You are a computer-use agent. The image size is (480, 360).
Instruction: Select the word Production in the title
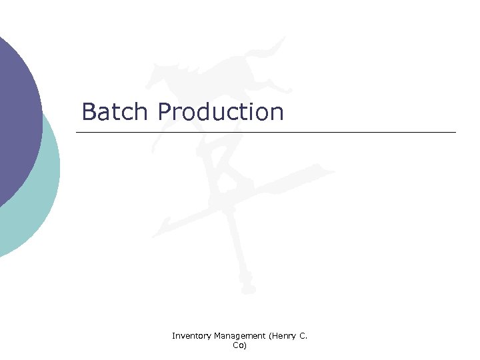click(221, 112)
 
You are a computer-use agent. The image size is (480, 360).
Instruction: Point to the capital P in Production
click(165, 112)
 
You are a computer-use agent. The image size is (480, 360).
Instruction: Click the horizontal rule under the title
click(267, 133)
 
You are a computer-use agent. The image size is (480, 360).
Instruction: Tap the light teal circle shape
click(40, 200)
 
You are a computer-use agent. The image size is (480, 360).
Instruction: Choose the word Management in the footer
click(238, 337)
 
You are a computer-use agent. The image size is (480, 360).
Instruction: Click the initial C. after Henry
click(303, 337)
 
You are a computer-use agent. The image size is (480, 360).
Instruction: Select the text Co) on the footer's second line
click(239, 345)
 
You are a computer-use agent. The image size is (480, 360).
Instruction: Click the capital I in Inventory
click(173, 336)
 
